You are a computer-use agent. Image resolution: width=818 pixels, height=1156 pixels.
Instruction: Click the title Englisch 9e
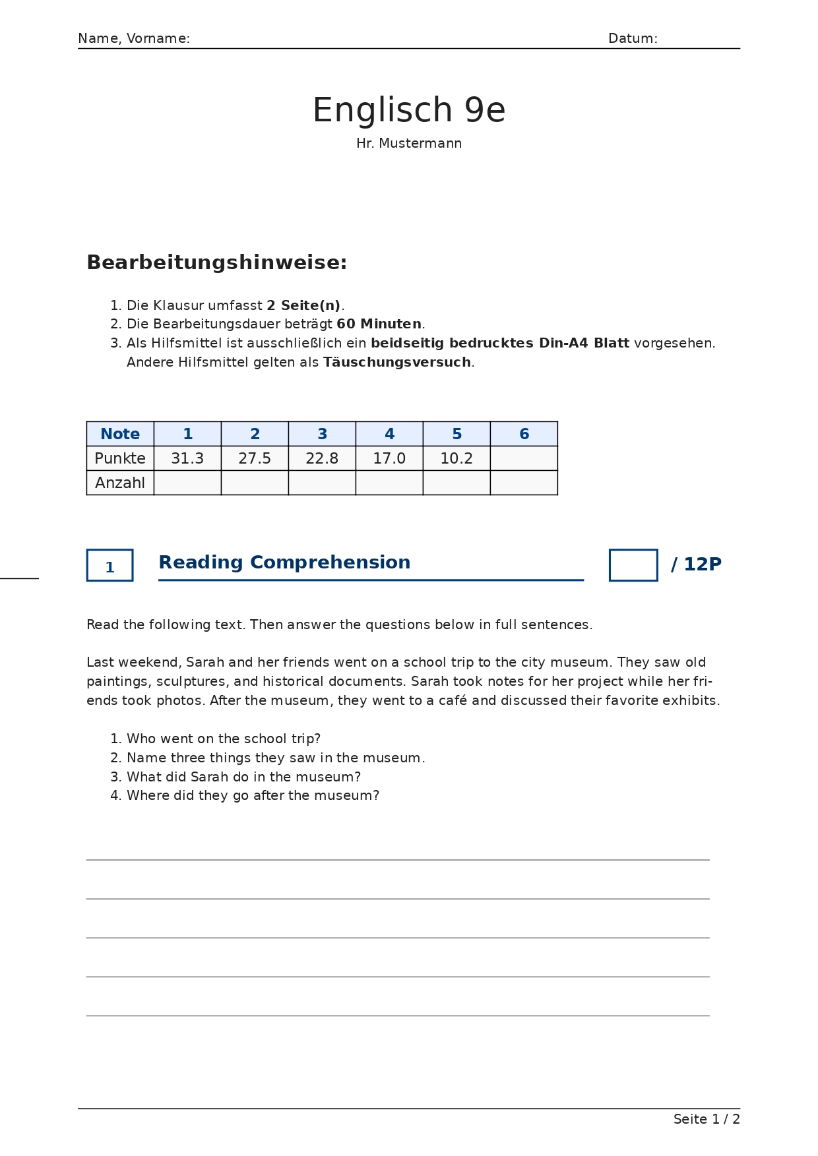408,110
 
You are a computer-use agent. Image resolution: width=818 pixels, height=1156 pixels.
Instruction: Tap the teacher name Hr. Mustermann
408,144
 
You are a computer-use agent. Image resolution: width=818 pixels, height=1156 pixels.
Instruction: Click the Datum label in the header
632,39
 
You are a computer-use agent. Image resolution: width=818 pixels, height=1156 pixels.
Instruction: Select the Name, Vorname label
134,39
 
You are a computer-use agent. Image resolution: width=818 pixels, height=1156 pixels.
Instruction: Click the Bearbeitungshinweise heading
216,262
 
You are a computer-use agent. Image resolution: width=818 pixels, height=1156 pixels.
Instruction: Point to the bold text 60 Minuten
379,324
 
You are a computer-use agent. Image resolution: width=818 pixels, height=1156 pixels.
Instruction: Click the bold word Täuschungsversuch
396,363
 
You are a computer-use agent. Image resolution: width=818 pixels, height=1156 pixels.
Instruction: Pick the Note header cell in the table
120,434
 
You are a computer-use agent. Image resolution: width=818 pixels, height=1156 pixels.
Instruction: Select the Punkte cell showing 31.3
187,458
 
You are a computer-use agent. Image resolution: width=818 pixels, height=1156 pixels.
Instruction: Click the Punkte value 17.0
389,458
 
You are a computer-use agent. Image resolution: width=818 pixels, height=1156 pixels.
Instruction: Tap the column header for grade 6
524,434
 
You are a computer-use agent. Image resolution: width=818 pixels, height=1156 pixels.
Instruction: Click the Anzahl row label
120,483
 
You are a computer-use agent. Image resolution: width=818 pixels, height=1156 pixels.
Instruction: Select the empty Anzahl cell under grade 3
322,483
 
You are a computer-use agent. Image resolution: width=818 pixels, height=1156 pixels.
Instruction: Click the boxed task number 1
110,566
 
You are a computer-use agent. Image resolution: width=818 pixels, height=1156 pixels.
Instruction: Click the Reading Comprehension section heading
284,563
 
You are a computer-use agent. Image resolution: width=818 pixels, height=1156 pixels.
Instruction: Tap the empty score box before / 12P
633,565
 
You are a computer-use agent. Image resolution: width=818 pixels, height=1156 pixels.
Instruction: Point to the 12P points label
702,564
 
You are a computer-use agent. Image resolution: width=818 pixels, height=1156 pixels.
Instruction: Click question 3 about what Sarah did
243,777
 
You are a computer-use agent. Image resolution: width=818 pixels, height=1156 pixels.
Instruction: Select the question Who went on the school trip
223,739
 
